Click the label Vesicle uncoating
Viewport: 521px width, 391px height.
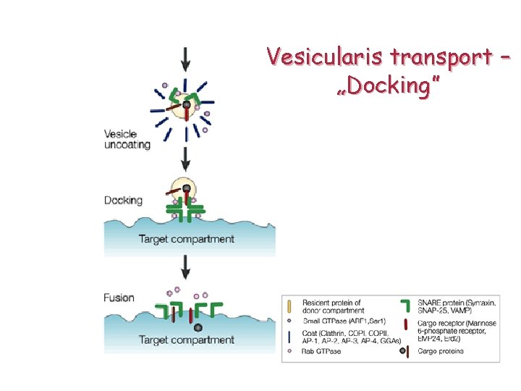tap(127, 139)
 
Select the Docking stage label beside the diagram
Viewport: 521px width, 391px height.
tap(123, 200)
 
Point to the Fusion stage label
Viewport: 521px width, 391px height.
tap(119, 298)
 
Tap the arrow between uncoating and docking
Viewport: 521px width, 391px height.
tap(187, 159)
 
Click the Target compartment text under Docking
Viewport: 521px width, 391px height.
tap(187, 239)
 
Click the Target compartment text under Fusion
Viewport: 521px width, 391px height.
tap(187, 340)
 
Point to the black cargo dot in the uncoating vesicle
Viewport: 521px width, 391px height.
tap(187, 105)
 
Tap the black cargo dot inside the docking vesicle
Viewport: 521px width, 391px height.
tap(187, 189)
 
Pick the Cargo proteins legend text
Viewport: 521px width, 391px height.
tap(441, 351)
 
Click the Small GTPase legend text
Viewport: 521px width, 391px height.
tap(335, 320)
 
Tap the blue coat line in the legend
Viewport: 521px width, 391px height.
tap(290, 335)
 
